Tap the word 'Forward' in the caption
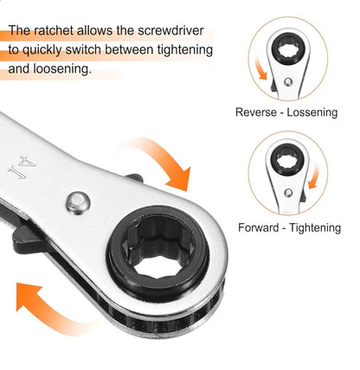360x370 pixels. (x=260, y=228)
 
